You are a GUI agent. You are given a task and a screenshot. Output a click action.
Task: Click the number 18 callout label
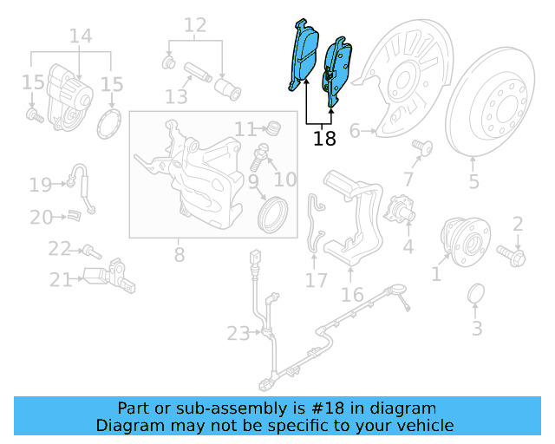324,139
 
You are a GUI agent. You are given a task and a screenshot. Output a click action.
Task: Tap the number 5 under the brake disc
474,181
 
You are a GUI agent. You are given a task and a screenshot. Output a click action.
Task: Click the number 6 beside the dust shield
354,132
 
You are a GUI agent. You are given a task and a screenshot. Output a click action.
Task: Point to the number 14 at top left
80,36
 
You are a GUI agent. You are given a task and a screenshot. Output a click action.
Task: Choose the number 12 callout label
195,25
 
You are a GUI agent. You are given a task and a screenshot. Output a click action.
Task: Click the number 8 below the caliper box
179,255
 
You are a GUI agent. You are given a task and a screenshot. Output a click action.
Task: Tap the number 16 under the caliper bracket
352,296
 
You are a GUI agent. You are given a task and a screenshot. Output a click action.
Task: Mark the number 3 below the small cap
477,329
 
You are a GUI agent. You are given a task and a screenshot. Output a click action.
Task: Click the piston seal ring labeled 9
275,215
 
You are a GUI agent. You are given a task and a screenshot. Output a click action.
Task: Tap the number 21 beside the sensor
60,280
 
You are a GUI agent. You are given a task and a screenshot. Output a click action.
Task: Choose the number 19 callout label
41,184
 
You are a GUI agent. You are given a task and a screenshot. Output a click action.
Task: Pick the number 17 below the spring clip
317,280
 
